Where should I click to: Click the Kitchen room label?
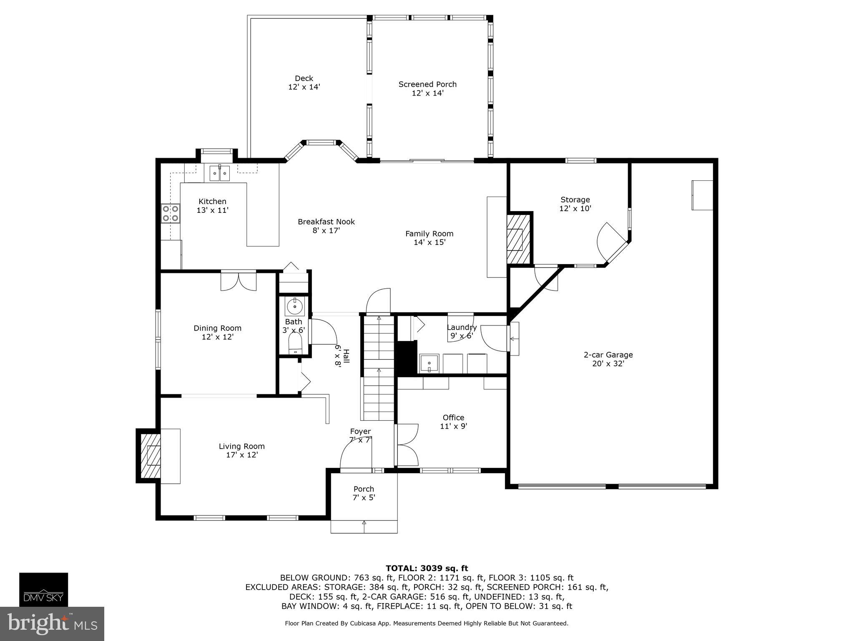tap(213, 206)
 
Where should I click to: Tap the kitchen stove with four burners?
tap(170, 213)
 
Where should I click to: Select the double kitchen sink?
tap(220, 173)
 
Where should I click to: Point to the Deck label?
tap(304, 83)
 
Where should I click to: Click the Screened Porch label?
tap(427, 88)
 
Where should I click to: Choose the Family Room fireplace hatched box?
tap(518, 239)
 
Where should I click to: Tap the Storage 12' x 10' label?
tap(575, 204)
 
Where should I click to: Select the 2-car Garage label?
tap(608, 359)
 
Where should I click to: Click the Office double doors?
tap(407, 445)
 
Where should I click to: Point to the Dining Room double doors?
tap(239, 281)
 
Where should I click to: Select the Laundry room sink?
tap(429, 363)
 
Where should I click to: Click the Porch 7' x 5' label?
tap(364, 493)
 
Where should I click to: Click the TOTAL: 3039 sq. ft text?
tap(427, 568)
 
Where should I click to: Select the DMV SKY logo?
tap(43, 589)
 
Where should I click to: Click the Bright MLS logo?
tap(52, 623)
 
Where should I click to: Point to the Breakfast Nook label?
tap(326, 226)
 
